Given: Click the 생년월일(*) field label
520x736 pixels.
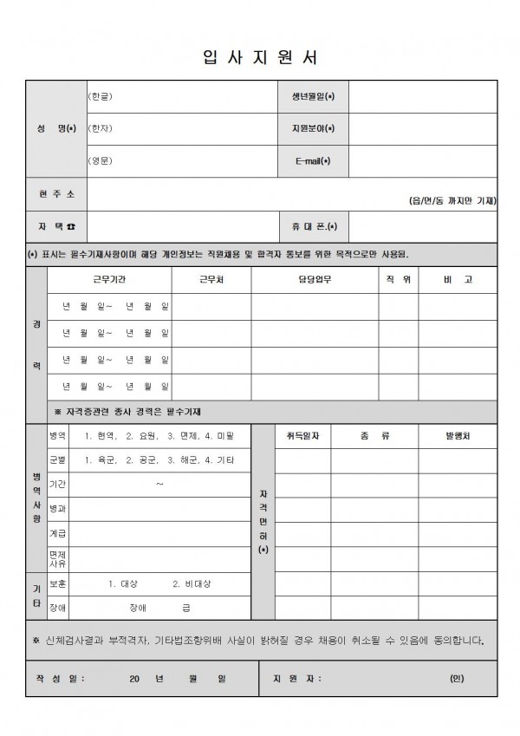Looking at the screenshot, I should click(x=313, y=96).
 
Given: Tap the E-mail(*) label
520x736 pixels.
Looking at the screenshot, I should click(x=313, y=161).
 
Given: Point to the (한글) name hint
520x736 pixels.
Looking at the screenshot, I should click(x=101, y=96).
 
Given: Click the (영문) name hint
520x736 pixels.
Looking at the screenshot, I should click(x=101, y=161).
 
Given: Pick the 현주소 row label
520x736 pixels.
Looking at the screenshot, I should click(x=56, y=193).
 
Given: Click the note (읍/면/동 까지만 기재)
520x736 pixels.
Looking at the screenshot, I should click(x=452, y=201).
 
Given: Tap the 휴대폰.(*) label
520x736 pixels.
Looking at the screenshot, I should click(x=314, y=226).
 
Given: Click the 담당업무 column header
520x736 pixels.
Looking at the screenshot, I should click(x=314, y=280).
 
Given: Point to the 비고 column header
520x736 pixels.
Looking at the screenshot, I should click(x=458, y=280).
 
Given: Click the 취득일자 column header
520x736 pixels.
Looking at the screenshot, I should click(x=302, y=436).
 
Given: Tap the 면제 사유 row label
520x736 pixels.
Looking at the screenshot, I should click(x=57, y=558).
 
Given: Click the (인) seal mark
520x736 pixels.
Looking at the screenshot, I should click(x=457, y=679).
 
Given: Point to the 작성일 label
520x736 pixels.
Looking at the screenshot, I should click(x=61, y=679).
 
